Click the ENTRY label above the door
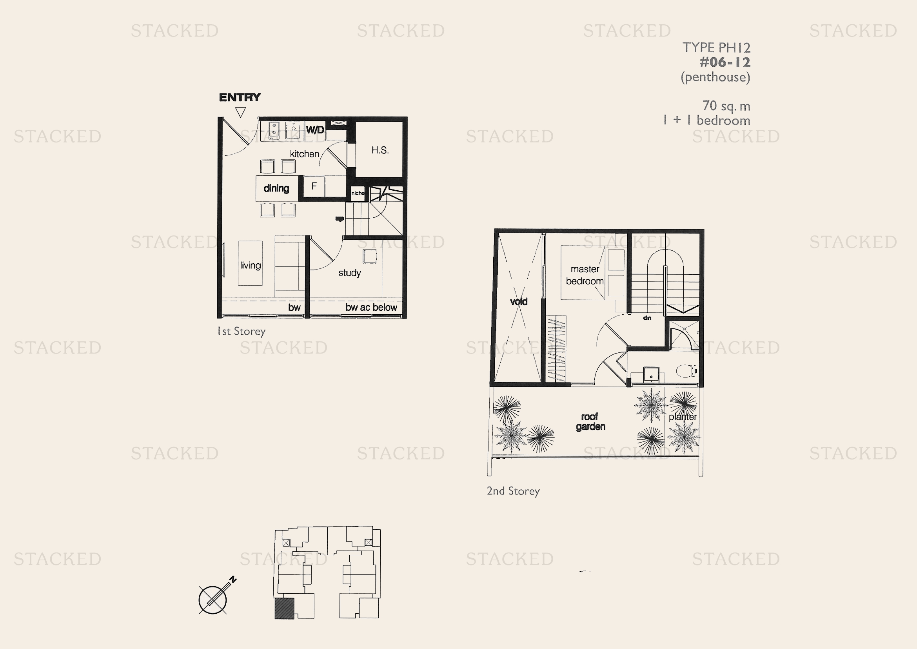[240, 98]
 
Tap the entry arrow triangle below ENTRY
[240, 112]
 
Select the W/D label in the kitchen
[315, 130]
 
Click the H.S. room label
[380, 150]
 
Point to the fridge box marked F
[314, 186]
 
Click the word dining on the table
[276, 188]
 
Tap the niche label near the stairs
[358, 193]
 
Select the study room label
[349, 273]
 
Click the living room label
[251, 265]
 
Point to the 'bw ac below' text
[371, 307]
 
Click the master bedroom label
[585, 275]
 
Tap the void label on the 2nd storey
[519, 302]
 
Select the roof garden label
[590, 421]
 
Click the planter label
[683, 417]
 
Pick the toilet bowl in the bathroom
[686, 370]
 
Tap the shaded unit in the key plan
[284, 609]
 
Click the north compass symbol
[213, 600]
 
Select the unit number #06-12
[725, 62]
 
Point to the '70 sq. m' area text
[726, 106]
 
